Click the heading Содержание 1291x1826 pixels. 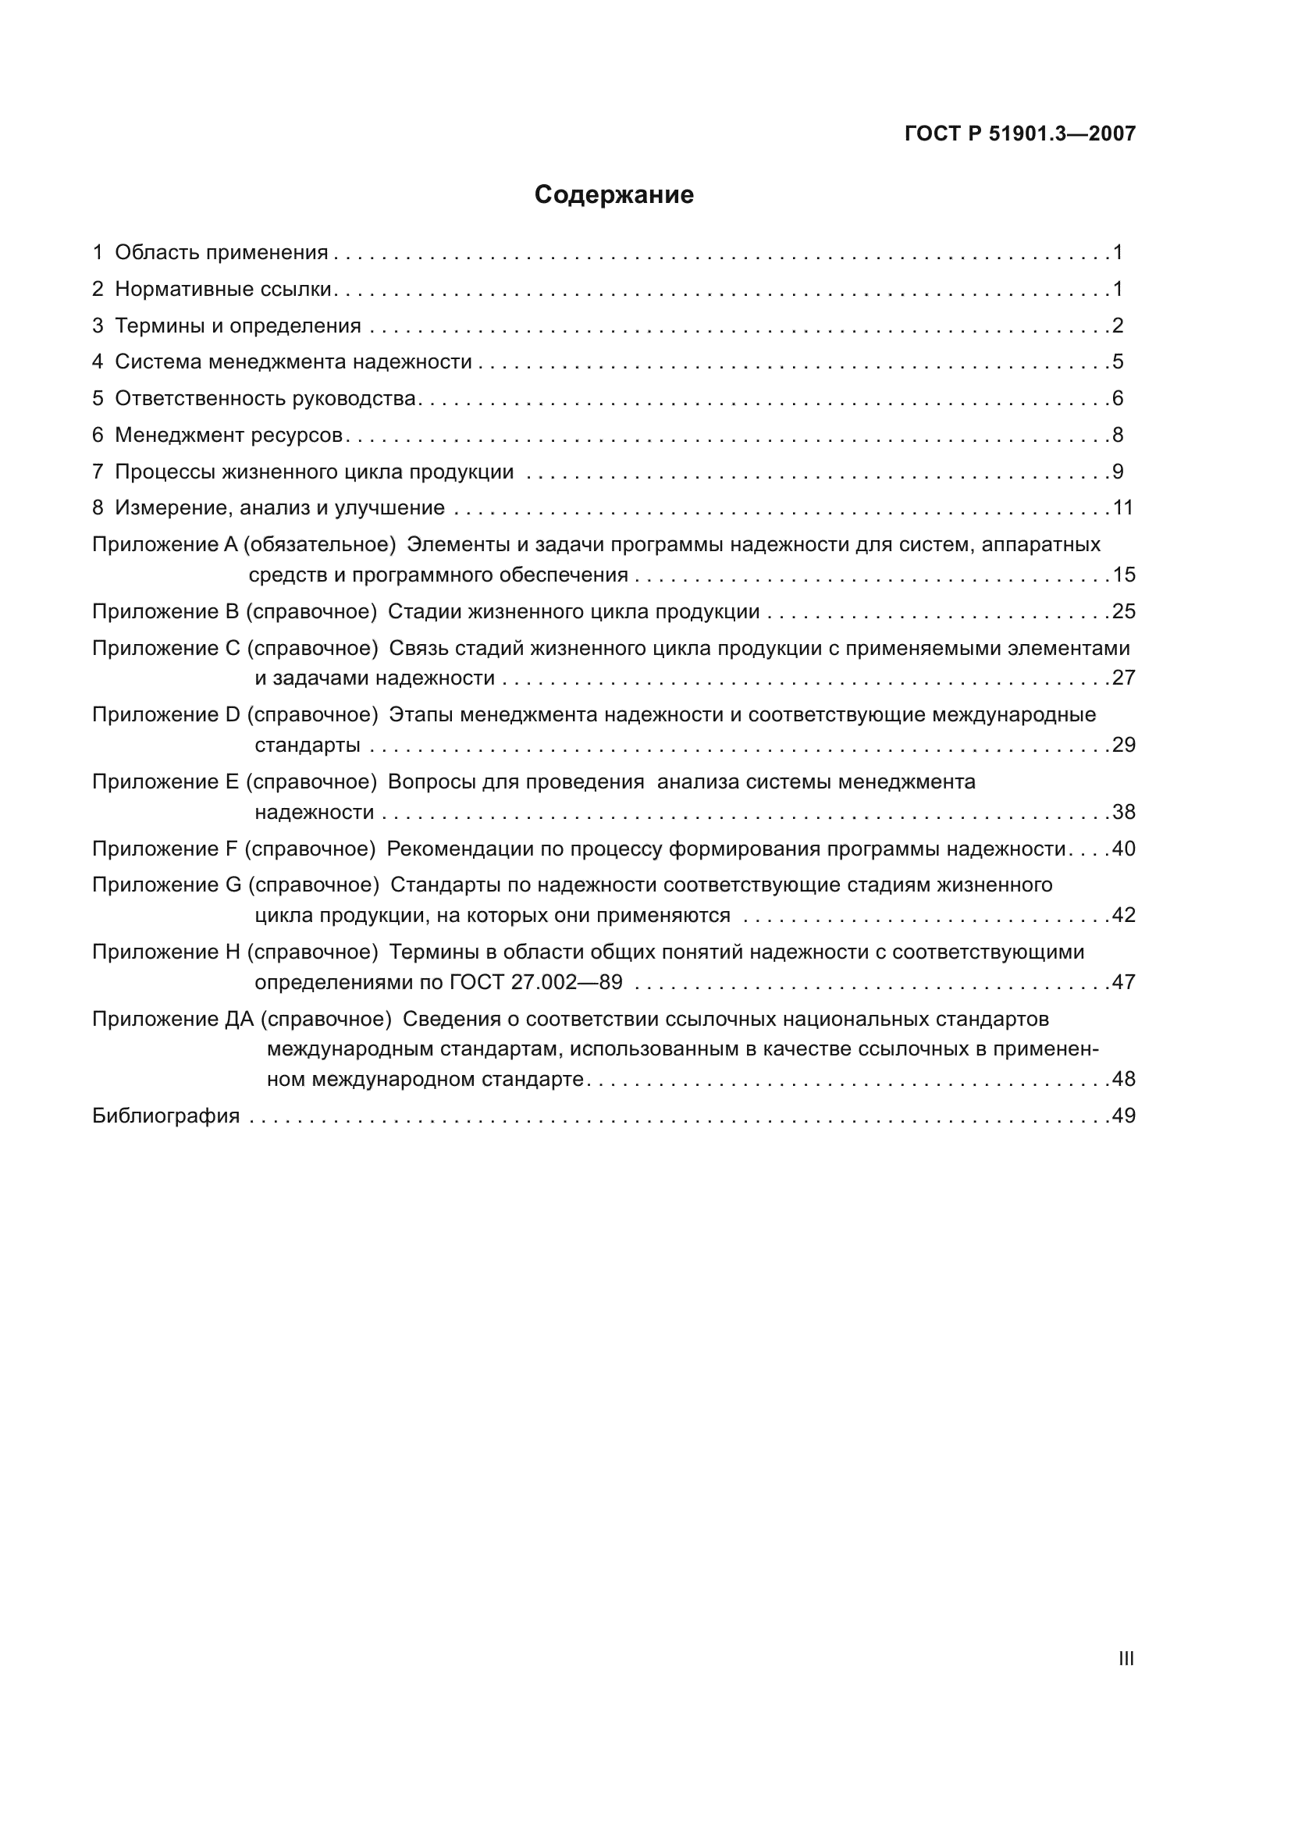(x=613, y=195)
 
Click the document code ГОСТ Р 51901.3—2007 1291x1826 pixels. (x=1020, y=133)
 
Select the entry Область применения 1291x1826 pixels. (x=221, y=253)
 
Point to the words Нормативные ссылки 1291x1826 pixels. (x=222, y=290)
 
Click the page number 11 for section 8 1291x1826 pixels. (x=1122, y=508)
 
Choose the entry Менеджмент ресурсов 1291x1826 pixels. (x=228, y=435)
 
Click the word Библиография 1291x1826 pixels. (x=165, y=1116)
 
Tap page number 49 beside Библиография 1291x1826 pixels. (x=1123, y=1116)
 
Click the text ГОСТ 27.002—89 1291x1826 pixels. (x=535, y=982)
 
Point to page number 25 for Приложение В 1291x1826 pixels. (x=1123, y=611)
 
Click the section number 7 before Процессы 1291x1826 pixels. (x=98, y=472)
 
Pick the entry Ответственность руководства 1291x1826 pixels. (x=265, y=398)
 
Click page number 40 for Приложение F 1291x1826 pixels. (x=1123, y=849)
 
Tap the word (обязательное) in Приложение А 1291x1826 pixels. (x=319, y=545)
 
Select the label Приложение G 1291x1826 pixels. (x=166, y=885)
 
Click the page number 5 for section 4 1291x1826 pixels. (x=1118, y=362)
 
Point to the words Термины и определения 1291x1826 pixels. (x=238, y=326)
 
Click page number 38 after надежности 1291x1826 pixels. (x=1123, y=812)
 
